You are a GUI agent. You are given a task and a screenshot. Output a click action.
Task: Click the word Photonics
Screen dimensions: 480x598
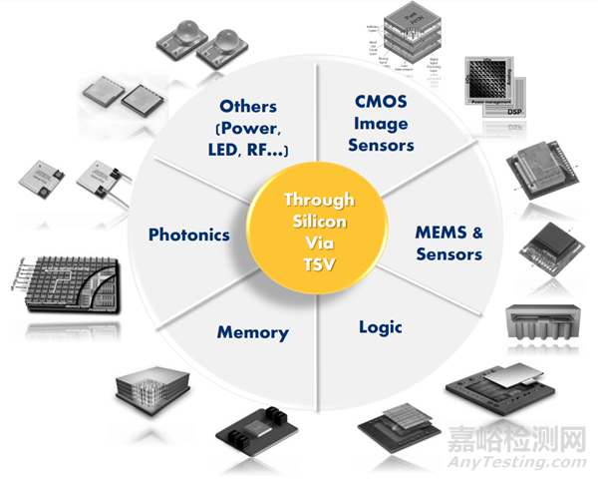(189, 236)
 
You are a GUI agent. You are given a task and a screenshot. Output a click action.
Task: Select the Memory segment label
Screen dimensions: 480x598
(252, 332)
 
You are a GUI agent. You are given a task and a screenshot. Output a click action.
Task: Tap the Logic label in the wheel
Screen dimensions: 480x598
(381, 326)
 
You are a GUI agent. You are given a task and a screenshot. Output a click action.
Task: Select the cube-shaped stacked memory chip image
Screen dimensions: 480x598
(151, 385)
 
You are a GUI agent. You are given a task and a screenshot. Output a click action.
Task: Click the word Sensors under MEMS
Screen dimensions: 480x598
(448, 253)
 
